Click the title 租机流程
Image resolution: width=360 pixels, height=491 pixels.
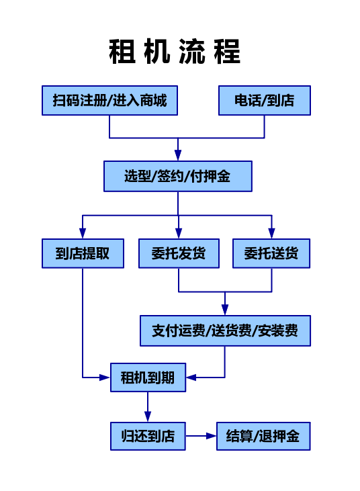click(x=175, y=52)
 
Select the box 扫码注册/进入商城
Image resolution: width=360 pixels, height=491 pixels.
click(x=109, y=101)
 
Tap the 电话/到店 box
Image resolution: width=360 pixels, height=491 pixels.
click(x=265, y=101)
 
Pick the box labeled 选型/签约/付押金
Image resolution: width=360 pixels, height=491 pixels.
click(x=178, y=176)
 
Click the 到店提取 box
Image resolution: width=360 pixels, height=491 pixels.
click(x=83, y=253)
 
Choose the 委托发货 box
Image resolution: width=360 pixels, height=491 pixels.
click(x=179, y=253)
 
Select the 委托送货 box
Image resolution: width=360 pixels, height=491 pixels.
click(x=271, y=253)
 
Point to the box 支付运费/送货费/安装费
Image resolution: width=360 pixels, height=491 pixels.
click(x=225, y=330)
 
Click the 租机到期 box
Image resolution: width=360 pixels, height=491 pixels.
click(x=148, y=377)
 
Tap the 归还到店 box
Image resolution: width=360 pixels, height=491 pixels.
click(x=148, y=436)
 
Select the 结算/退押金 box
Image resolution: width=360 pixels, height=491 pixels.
click(x=263, y=436)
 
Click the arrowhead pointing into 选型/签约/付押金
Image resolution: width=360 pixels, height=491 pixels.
click(x=178, y=155)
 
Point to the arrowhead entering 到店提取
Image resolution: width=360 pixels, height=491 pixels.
click(x=83, y=233)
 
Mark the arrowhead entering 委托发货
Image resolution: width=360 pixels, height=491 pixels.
click(x=179, y=233)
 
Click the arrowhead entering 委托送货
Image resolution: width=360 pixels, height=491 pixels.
click(x=271, y=233)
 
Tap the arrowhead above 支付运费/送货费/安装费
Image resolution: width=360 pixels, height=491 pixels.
click(x=225, y=310)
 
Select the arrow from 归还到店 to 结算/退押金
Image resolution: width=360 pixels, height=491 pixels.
click(x=201, y=436)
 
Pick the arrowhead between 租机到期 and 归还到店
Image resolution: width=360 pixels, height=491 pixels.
click(x=148, y=416)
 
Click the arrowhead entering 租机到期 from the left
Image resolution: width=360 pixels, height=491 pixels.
click(x=105, y=377)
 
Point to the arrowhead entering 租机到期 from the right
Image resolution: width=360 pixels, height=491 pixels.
click(x=191, y=377)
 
